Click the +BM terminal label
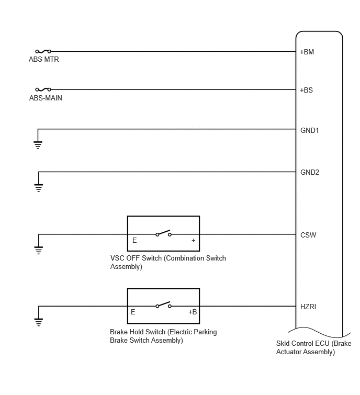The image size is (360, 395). tap(307, 52)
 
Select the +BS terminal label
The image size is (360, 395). tap(306, 90)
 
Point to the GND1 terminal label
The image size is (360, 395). tap(309, 130)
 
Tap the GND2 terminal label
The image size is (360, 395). tap(310, 172)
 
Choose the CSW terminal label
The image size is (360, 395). tap(308, 235)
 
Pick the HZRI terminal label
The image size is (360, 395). tap(308, 307)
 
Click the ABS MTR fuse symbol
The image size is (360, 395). tap(43, 51)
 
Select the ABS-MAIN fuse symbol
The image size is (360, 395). tap(43, 89)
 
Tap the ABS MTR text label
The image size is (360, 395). tap(44, 59)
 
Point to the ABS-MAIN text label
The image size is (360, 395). tap(46, 98)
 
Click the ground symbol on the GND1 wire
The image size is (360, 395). tap(38, 145)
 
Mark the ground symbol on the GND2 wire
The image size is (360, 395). tap(39, 188)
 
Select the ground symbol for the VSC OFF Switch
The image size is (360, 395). tap(39, 251)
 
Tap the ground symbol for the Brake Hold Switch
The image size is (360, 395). tap(39, 322)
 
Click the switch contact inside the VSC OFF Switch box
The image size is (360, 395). tap(163, 233)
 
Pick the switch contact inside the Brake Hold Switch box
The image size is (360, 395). tap(163, 305)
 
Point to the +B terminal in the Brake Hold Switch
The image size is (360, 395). tap(193, 312)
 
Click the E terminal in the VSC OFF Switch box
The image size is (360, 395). tap(134, 240)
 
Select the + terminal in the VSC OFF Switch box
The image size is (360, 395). tap(194, 240)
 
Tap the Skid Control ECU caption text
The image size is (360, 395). tap(313, 347)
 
